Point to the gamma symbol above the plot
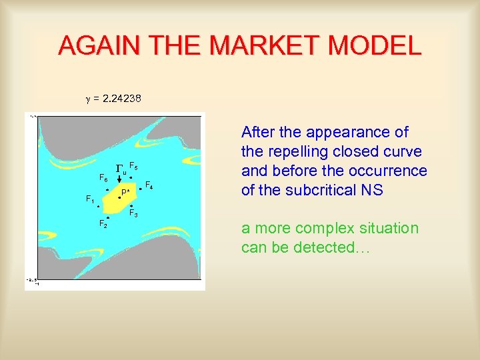point(86,99)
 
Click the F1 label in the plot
point(90,199)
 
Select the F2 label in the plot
point(103,223)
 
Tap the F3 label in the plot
point(133,214)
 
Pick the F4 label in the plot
point(149,185)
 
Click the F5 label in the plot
point(133,165)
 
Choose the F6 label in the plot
point(103,178)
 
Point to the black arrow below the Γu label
point(119,178)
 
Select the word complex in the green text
point(313,229)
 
